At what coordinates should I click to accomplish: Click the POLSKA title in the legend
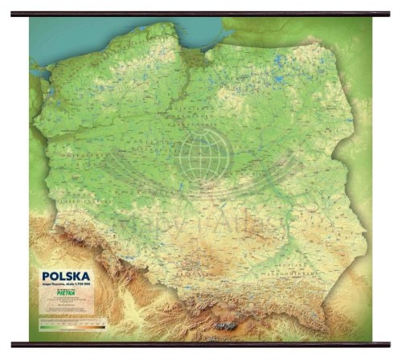[x=63, y=276]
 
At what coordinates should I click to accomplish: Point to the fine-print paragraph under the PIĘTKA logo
[x=68, y=306]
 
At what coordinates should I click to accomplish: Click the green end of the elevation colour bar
[x=43, y=327]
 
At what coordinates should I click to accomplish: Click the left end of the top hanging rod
[x=14, y=14]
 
